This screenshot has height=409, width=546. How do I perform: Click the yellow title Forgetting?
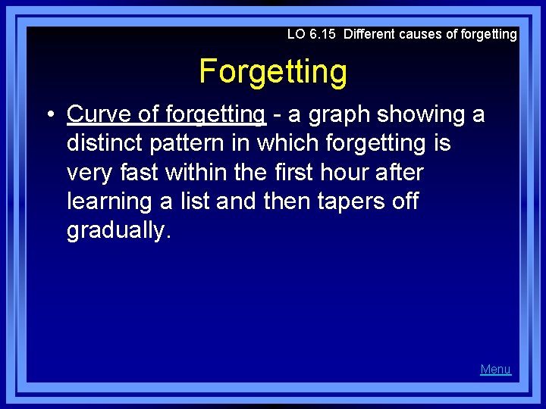(x=273, y=72)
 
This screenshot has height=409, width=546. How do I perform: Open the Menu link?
(x=495, y=370)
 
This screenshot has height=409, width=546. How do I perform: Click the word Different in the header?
(x=369, y=34)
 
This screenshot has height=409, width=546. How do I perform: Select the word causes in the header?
(x=422, y=34)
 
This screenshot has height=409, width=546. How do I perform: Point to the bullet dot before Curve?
(x=48, y=115)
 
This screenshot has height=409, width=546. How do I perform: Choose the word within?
(x=196, y=172)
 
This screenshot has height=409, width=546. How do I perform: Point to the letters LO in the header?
(x=296, y=34)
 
